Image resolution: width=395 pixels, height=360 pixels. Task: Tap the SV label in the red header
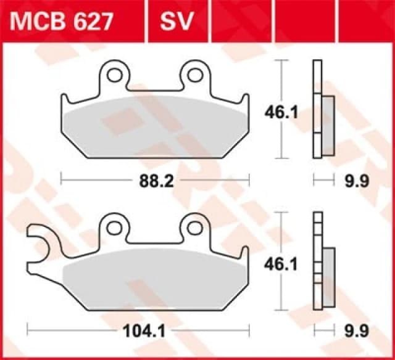pos(178,22)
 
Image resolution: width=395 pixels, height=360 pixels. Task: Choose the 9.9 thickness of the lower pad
pos(358,331)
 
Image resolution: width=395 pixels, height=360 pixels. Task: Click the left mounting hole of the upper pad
pos(114,75)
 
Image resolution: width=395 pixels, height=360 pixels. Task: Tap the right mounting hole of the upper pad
pos(196,75)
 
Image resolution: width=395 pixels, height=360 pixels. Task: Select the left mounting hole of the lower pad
pos(114,227)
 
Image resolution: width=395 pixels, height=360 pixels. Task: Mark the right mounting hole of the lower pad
pos(196,227)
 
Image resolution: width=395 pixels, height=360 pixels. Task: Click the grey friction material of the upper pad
pos(154,126)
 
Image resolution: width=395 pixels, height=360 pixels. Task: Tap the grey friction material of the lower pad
pos(154,277)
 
